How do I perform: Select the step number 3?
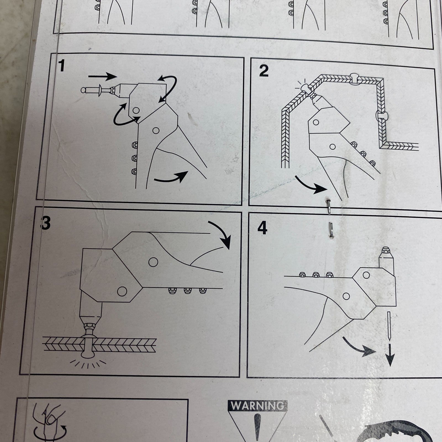pyautogui.click(x=46, y=223)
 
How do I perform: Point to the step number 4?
pyautogui.click(x=262, y=228)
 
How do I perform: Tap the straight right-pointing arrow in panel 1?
pyautogui.click(x=103, y=75)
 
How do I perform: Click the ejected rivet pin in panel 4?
pyautogui.click(x=389, y=326)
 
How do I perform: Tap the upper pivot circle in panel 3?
pyautogui.click(x=153, y=262)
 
